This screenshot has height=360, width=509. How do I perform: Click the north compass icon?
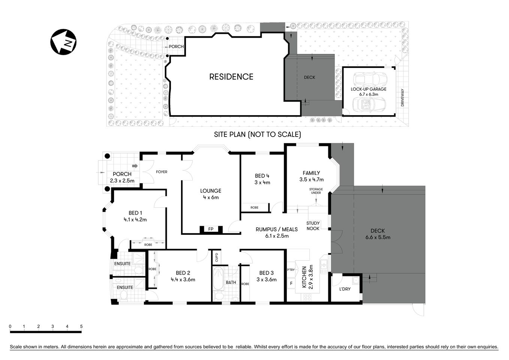pyautogui.click(x=64, y=42)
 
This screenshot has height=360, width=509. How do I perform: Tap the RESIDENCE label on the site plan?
pyautogui.click(x=231, y=76)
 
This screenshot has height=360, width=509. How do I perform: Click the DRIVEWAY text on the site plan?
pyautogui.click(x=403, y=97)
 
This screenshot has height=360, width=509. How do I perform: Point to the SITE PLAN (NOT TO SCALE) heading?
pyautogui.click(x=257, y=134)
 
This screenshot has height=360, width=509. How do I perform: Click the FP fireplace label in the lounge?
pyautogui.click(x=211, y=229)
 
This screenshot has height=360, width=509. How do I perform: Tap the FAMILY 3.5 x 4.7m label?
pyautogui.click(x=311, y=176)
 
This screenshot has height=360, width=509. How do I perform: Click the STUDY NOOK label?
pyautogui.click(x=313, y=226)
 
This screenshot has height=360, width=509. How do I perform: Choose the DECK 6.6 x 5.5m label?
pyautogui.click(x=377, y=234)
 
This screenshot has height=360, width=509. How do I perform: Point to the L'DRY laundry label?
pyautogui.click(x=344, y=289)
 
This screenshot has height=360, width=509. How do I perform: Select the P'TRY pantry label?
pyautogui.click(x=290, y=270)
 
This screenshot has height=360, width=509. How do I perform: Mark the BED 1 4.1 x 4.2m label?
pyautogui.click(x=135, y=216)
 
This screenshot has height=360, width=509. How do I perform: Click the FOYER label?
pyautogui.click(x=162, y=172)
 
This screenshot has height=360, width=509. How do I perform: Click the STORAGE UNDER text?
pyautogui.click(x=316, y=191)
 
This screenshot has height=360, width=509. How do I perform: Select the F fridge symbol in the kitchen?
pyautogui.click(x=291, y=283)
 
